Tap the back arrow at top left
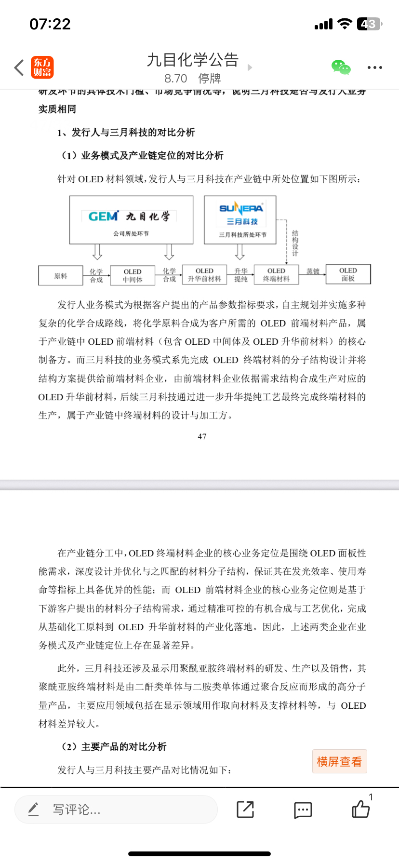click(x=19, y=67)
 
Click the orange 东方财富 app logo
click(x=42, y=67)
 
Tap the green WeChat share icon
click(x=341, y=67)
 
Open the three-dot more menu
click(x=374, y=67)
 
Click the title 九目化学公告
click(x=193, y=60)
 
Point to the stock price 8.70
click(x=175, y=79)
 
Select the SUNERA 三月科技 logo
click(x=241, y=214)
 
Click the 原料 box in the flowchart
click(x=61, y=276)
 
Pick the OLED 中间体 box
click(x=133, y=275)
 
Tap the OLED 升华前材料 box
click(x=204, y=275)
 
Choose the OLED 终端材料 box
click(x=276, y=275)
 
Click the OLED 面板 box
click(x=348, y=274)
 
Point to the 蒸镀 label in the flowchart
click(x=313, y=271)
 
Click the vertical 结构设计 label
click(x=295, y=243)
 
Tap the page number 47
click(x=202, y=436)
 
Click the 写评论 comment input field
click(x=116, y=810)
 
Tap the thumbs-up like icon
click(x=360, y=809)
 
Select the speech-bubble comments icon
click(x=303, y=810)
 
